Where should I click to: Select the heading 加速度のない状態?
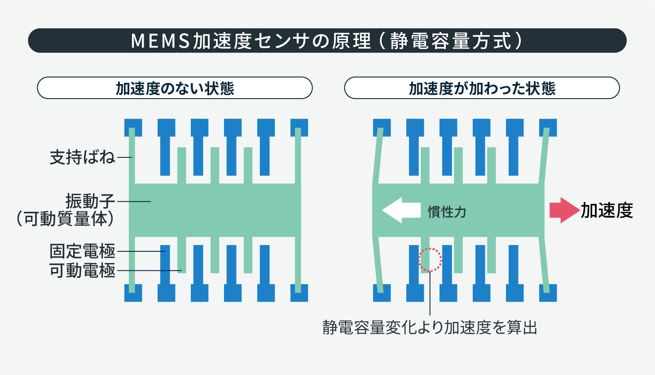pyautogui.click(x=175, y=88)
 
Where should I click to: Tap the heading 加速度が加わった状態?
pyautogui.click(x=482, y=88)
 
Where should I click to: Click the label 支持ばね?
pyautogui.click(x=83, y=157)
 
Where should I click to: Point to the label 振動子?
pyautogui.click(x=90, y=201)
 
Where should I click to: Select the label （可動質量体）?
pyautogui.click(x=66, y=219)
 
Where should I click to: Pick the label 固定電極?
pyautogui.click(x=83, y=251)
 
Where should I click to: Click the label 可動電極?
pyautogui.click(x=83, y=271)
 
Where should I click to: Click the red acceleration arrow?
pyautogui.click(x=564, y=210)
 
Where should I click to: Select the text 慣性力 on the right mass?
pyautogui.click(x=447, y=211)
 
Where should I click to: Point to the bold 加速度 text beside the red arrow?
pyautogui.click(x=607, y=210)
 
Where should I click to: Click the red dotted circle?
pyautogui.click(x=430, y=259)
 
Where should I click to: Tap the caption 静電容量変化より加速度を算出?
pyautogui.click(x=430, y=327)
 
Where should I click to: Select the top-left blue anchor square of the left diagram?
pyautogui.click(x=133, y=127)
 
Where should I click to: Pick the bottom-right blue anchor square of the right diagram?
pyautogui.click(x=548, y=293)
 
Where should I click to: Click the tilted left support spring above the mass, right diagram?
pyautogui.click(x=377, y=155)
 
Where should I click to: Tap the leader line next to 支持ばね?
pyautogui.click(x=125, y=157)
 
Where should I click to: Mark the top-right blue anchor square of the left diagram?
pyautogui.click(x=299, y=127)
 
